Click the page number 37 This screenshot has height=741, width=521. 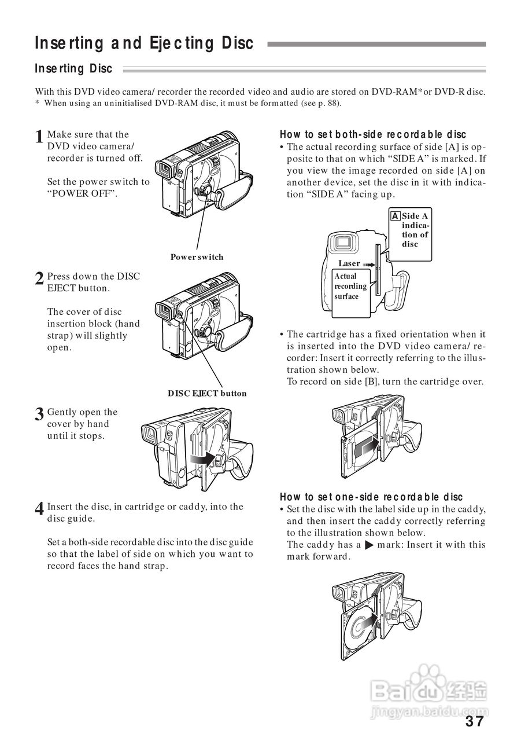474,721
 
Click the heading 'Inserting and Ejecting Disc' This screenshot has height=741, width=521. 144,43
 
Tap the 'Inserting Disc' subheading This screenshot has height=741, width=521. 73,69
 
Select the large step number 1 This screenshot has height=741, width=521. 39,138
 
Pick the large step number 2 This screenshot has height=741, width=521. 39,279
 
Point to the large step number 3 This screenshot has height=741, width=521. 39,415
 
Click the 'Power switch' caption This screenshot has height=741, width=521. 197,257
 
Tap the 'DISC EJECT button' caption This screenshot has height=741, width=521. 207,394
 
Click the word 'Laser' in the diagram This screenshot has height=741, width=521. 349,263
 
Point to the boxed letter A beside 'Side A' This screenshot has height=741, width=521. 396,216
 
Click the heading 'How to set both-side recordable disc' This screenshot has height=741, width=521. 373,135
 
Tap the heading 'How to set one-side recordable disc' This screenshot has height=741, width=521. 371,497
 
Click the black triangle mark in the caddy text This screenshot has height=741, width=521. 368,545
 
